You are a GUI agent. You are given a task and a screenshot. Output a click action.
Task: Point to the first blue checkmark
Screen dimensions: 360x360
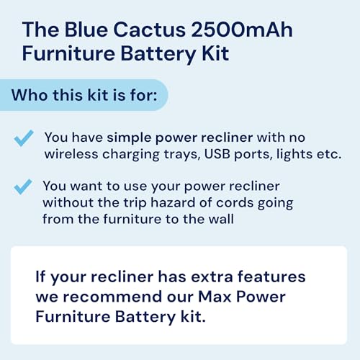24,138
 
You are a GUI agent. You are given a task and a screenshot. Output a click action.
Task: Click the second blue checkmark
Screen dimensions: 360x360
24,187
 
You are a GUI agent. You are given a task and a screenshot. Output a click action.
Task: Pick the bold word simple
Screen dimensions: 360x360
128,136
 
